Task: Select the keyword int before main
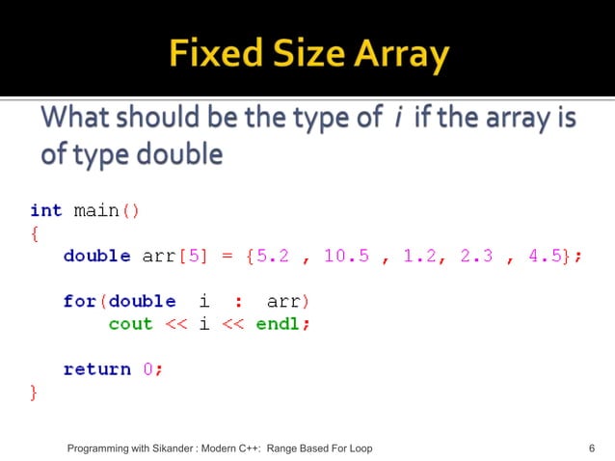46,210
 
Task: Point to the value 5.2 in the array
279,256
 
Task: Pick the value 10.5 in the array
346,256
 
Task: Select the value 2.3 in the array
475,256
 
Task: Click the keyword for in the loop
80,301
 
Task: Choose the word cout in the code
130,324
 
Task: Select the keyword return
96,368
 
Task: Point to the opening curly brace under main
35,233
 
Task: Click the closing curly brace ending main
35,392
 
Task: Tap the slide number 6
591,448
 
